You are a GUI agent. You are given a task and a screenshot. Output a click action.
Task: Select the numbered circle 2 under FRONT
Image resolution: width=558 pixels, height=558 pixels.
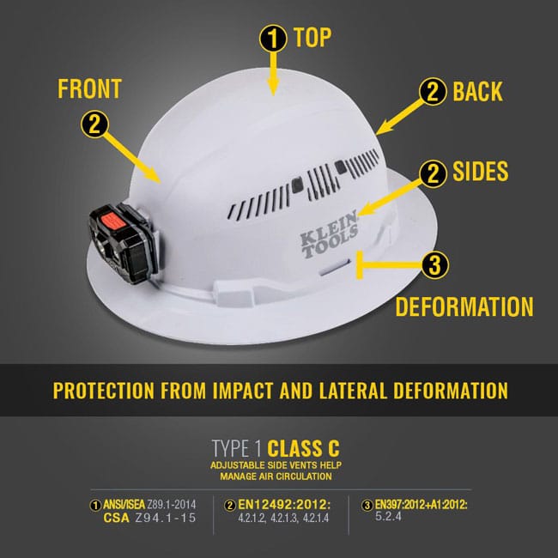pyautogui.click(x=94, y=124)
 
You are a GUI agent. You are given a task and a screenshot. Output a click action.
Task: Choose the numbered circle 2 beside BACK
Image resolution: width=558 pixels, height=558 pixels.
pyautogui.click(x=434, y=92)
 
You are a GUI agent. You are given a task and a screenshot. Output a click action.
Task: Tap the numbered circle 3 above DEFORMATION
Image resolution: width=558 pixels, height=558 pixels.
pyautogui.click(x=434, y=265)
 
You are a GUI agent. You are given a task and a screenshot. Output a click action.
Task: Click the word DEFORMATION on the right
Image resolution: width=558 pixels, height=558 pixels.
pyautogui.click(x=464, y=306)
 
